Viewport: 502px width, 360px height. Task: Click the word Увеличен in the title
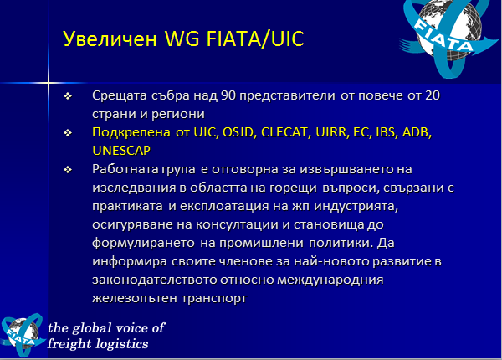click(x=110, y=39)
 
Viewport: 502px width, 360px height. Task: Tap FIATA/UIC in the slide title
click(x=255, y=39)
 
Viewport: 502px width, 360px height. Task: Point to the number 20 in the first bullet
click(x=433, y=95)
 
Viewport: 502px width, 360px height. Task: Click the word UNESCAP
click(x=121, y=151)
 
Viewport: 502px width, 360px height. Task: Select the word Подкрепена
click(x=131, y=132)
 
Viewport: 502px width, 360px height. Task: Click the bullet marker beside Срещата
click(x=68, y=95)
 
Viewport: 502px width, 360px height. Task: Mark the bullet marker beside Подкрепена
click(x=68, y=132)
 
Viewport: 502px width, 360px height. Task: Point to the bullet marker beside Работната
click(x=68, y=169)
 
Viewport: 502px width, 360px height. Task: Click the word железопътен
click(x=134, y=298)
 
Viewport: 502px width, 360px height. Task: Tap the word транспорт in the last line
click(x=214, y=299)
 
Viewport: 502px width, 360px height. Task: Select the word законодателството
click(x=155, y=280)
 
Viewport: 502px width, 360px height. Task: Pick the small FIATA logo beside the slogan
click(x=23, y=335)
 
